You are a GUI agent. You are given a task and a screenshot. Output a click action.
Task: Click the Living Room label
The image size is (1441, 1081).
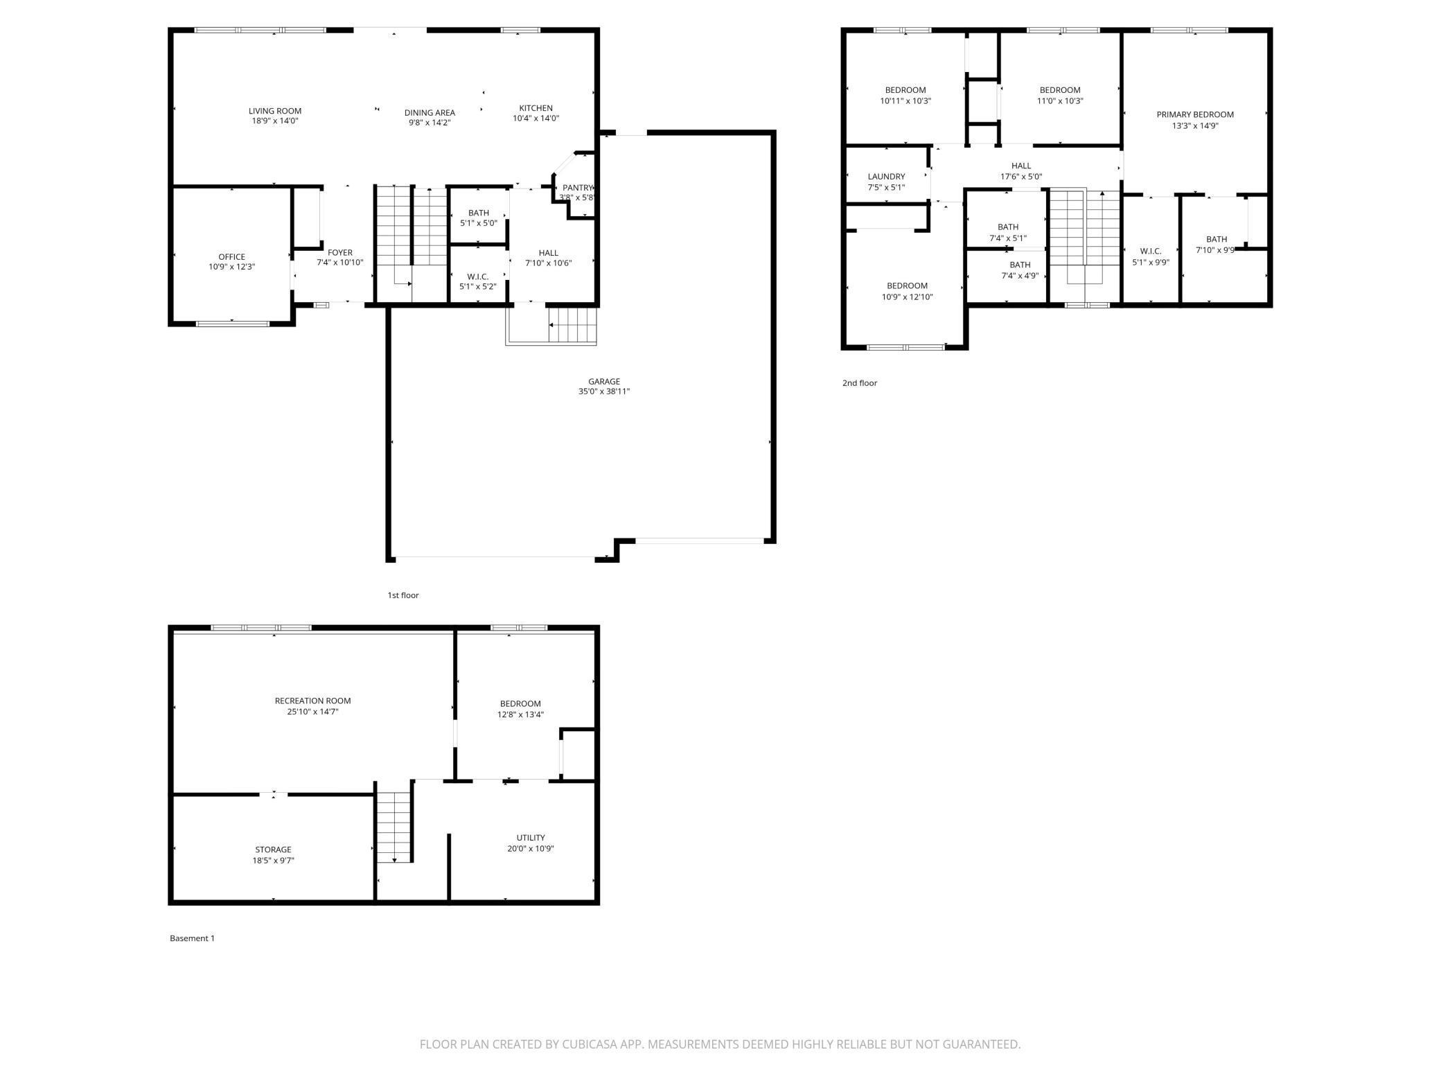click(x=275, y=111)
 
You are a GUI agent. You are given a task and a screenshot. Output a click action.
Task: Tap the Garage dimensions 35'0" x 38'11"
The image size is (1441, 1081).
click(x=604, y=392)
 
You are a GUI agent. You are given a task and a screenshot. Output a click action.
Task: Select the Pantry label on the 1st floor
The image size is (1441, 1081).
click(x=577, y=188)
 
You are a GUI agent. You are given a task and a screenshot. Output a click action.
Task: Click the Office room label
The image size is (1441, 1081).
click(x=231, y=257)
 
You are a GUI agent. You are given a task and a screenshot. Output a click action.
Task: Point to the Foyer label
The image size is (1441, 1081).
click(x=339, y=253)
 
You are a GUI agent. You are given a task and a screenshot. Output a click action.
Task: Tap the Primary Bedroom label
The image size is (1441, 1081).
click(x=1194, y=115)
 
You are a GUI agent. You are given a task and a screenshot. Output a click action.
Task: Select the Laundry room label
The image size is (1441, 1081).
click(x=886, y=177)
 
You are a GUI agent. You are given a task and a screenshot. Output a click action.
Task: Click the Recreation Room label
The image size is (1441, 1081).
click(x=312, y=701)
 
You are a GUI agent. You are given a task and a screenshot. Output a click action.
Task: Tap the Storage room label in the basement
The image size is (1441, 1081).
click(x=273, y=850)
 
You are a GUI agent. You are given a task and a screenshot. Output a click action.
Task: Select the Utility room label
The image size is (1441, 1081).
click(x=530, y=838)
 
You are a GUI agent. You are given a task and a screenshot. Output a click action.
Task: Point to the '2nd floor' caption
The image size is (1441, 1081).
click(x=859, y=383)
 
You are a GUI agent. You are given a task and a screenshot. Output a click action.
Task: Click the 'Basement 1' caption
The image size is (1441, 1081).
click(x=192, y=938)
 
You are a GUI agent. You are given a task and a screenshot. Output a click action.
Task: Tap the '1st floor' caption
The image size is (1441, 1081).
click(x=403, y=595)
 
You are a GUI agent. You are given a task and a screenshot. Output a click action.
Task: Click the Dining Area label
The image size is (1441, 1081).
click(x=430, y=113)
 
